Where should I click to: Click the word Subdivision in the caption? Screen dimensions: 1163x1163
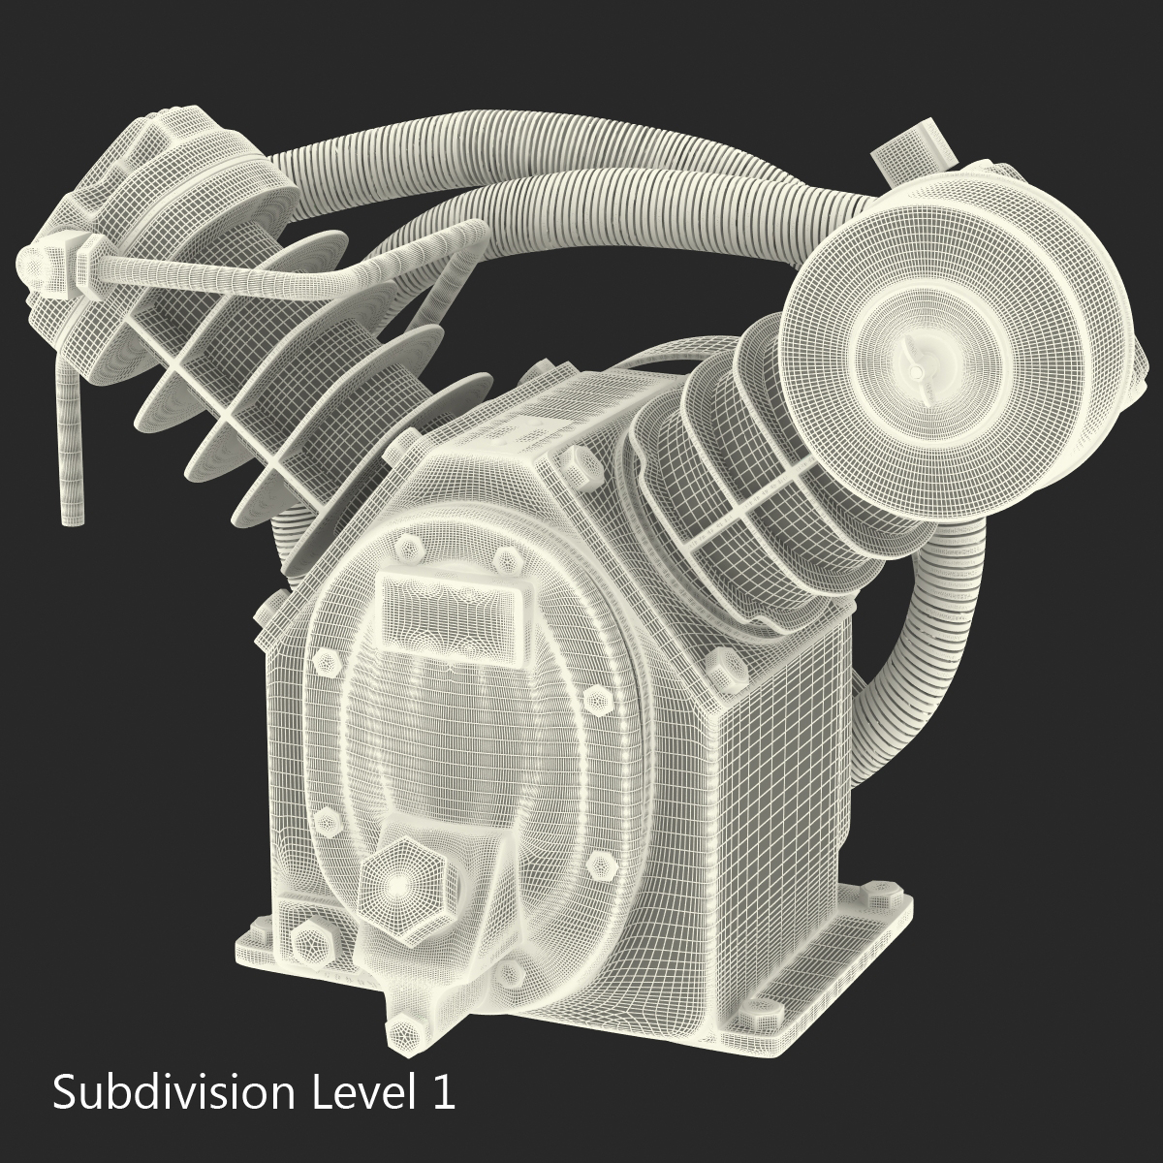point(173,1093)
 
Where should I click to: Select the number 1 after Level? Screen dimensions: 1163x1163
point(442,1093)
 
